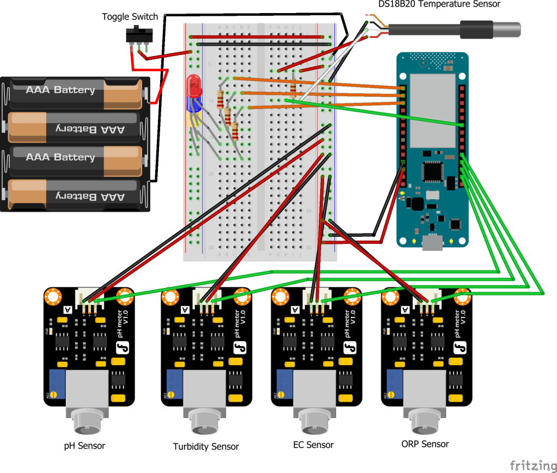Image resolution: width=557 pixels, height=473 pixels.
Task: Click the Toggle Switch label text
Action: tap(130, 17)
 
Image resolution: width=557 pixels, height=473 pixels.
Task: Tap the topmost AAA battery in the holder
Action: tap(76, 91)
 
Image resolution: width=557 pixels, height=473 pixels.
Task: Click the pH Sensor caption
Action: tap(84, 446)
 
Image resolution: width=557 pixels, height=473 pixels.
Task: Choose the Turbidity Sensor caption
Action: tap(206, 447)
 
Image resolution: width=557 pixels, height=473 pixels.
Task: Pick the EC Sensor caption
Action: tap(313, 445)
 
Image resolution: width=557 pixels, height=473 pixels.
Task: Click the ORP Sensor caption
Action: tap(425, 444)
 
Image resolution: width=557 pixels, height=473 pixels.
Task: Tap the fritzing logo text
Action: tap(533, 465)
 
